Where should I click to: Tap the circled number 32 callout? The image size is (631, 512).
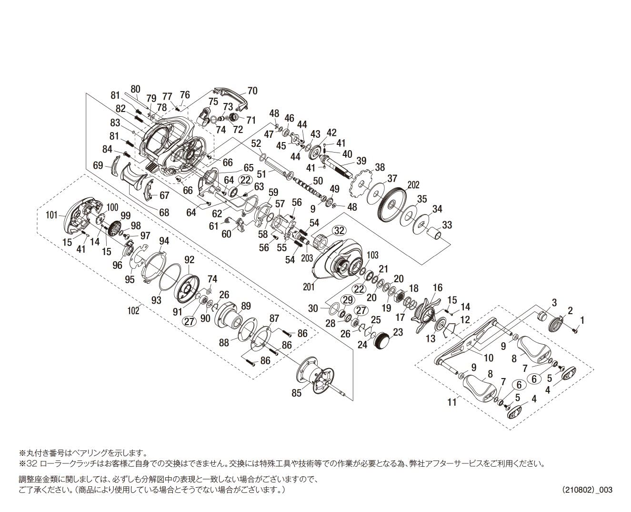point(339,231)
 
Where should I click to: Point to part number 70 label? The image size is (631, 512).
point(252,91)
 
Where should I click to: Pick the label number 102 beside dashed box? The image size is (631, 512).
point(133,310)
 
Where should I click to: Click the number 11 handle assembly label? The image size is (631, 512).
point(451,402)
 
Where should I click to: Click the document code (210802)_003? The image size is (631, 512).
point(587,490)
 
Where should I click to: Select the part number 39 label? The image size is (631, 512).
point(361,161)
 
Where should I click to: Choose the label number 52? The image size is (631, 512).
point(256,143)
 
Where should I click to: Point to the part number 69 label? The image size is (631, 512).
point(98,165)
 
